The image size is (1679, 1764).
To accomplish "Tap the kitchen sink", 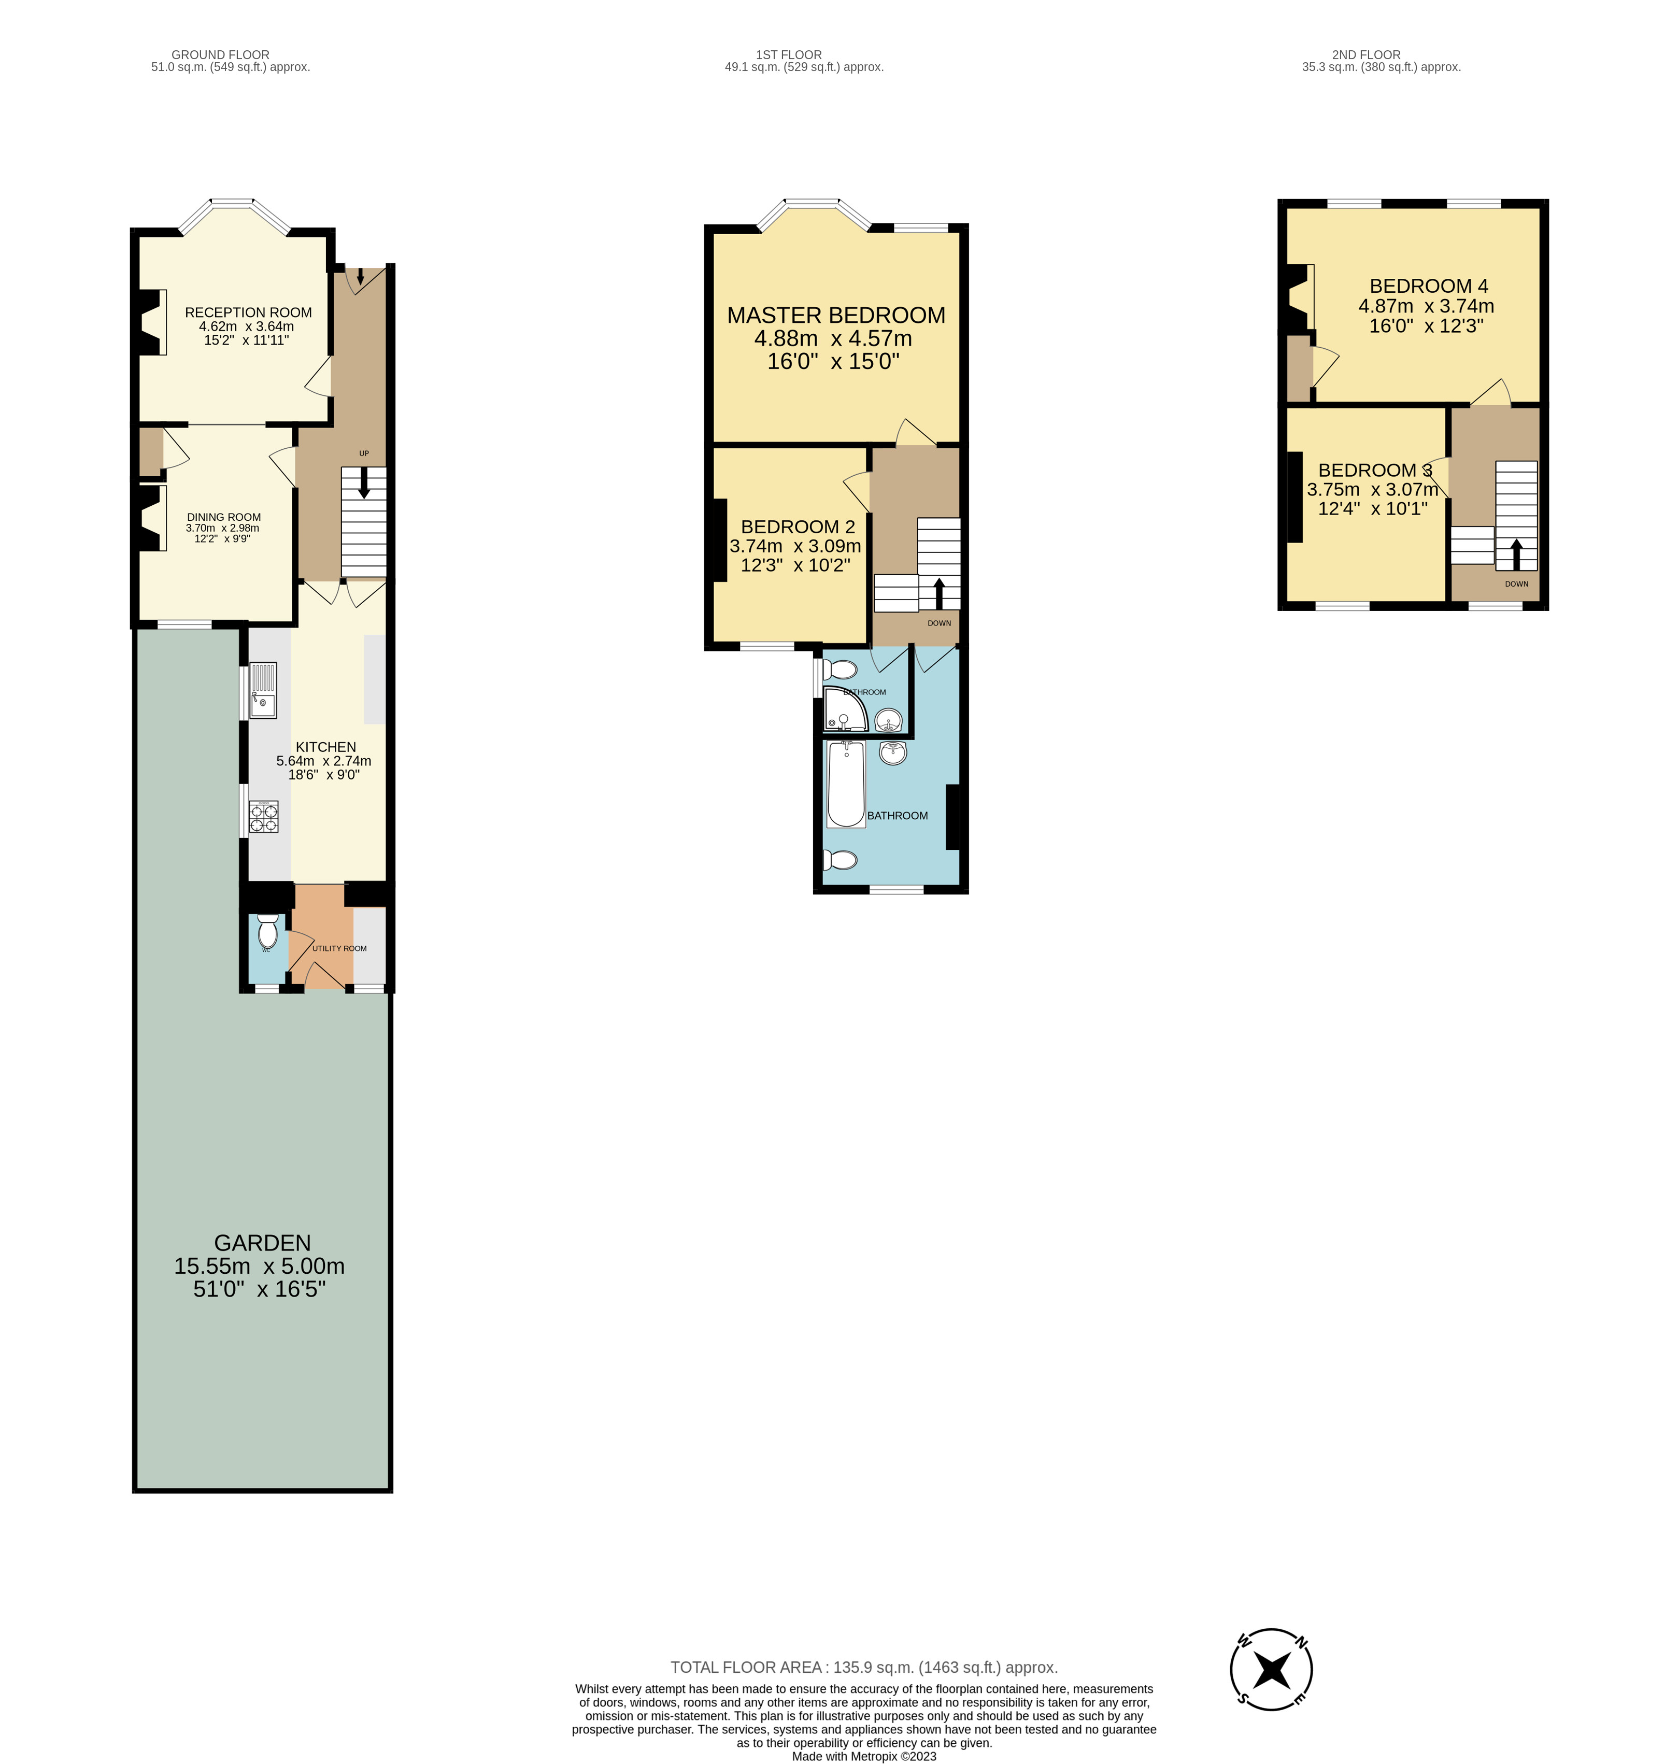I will coord(263,690).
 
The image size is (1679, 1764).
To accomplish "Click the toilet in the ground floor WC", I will coord(267,933).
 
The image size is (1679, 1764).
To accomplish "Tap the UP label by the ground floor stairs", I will coord(363,454).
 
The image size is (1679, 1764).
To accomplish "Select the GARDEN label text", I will coord(262,1243).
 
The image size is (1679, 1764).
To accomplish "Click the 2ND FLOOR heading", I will coord(1366,54).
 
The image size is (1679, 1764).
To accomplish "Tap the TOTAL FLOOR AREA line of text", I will coord(864,1667).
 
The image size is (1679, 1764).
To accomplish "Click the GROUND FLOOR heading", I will coord(220,54).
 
